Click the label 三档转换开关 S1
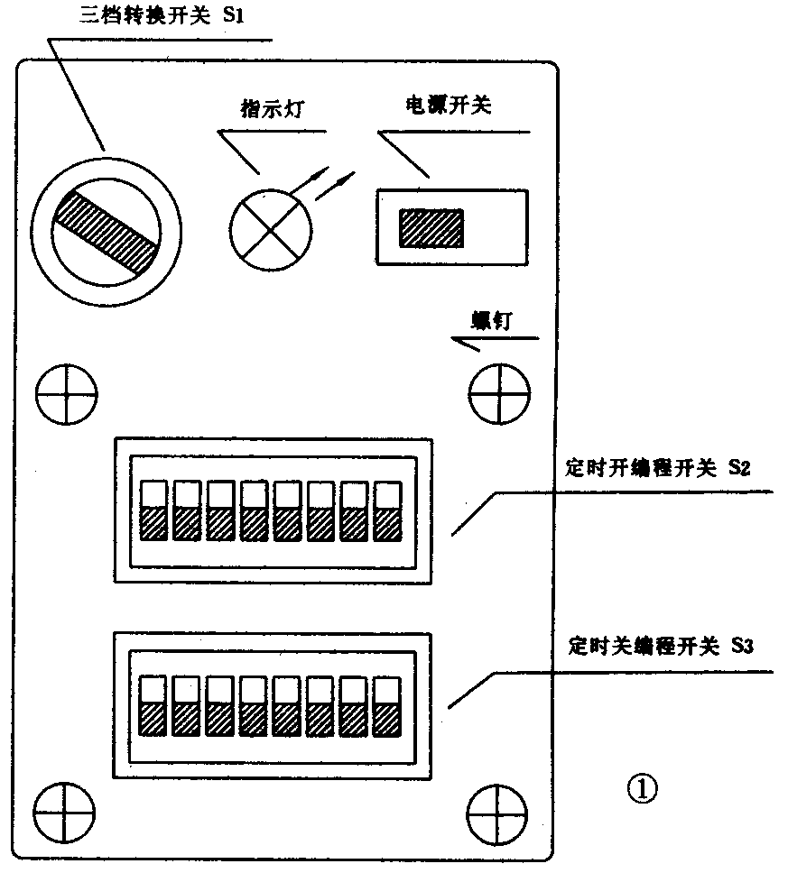coord(156,16)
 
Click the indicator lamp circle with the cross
coord(270,229)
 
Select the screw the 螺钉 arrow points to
coord(498,394)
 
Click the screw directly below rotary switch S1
coord(66,394)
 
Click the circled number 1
coord(642,789)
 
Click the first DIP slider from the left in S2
coord(153,510)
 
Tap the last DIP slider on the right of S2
coord(387,510)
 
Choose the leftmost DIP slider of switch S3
coord(153,706)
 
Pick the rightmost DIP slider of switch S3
coord(387,706)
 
